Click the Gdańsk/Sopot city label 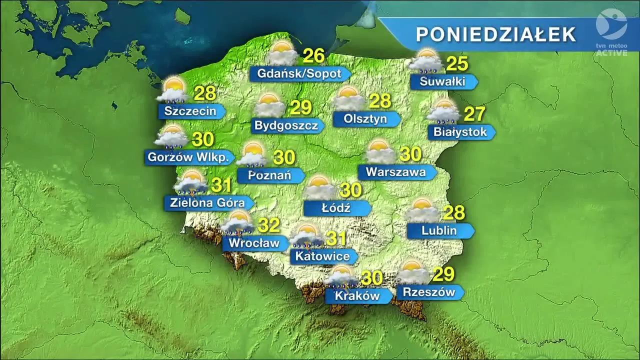[299, 74]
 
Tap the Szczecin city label [190, 111]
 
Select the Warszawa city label [395, 172]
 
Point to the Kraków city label [357, 296]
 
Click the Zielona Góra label [207, 202]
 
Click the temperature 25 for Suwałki [457, 63]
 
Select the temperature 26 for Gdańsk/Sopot [314, 56]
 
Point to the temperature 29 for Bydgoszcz [301, 107]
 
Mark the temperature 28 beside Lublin [454, 212]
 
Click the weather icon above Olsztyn [349, 98]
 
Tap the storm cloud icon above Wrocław [237, 223]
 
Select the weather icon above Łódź [320, 187]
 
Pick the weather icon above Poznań [252, 154]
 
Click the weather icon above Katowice [306, 236]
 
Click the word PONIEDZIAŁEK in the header [496, 34]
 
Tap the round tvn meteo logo [611, 24]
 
